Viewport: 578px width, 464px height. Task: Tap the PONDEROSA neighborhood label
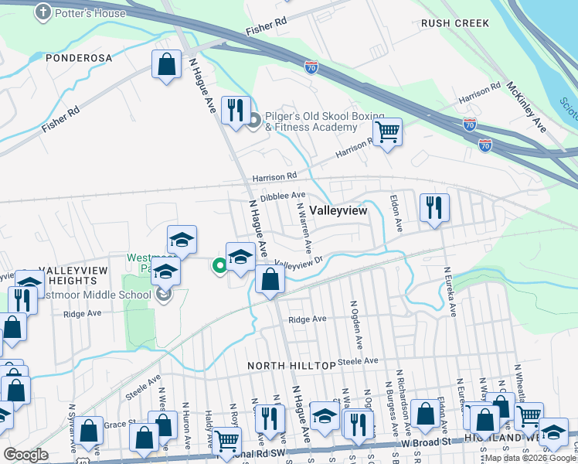(x=79, y=58)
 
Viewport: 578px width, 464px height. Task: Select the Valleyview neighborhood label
(x=338, y=210)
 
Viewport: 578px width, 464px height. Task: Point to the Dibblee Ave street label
(x=283, y=197)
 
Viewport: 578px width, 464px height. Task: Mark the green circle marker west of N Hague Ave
(x=219, y=266)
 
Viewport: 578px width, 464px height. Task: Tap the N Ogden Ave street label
(x=357, y=323)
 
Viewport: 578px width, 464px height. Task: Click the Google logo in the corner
(x=26, y=454)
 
